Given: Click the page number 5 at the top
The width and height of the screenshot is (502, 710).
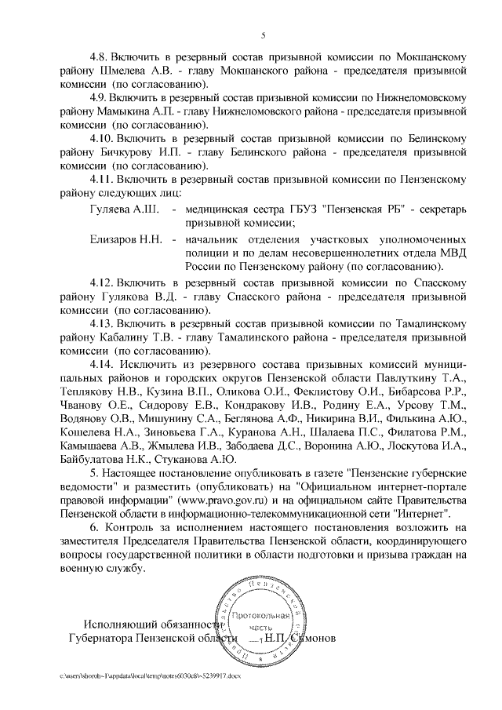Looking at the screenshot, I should pos(263,34).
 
